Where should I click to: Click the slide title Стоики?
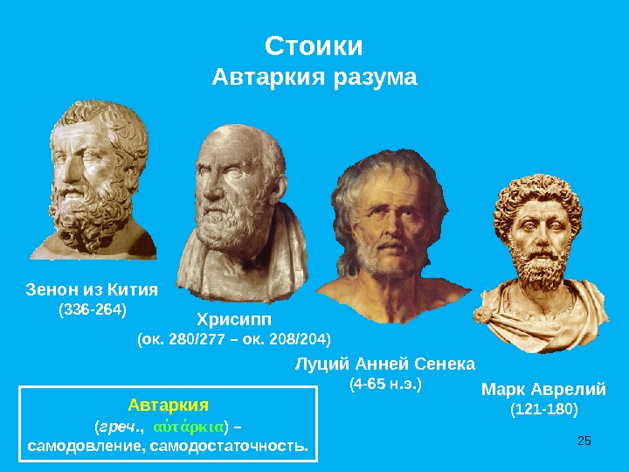tap(314, 46)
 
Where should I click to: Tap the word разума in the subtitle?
tap(376, 78)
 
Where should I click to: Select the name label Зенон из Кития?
tap(92, 289)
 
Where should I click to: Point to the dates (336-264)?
tap(93, 309)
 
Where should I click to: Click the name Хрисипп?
tap(234, 320)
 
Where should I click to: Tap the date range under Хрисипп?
tap(234, 339)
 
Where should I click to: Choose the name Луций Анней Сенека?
tap(385, 364)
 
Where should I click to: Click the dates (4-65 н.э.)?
tap(385, 384)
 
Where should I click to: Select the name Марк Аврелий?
tap(543, 389)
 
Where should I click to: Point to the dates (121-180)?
tap(544, 409)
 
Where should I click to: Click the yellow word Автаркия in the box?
tap(169, 405)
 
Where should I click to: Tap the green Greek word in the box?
tap(188, 427)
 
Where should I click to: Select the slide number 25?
tap(584, 441)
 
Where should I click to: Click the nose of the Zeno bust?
tap(66, 171)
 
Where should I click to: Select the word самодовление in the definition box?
tap(85, 447)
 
